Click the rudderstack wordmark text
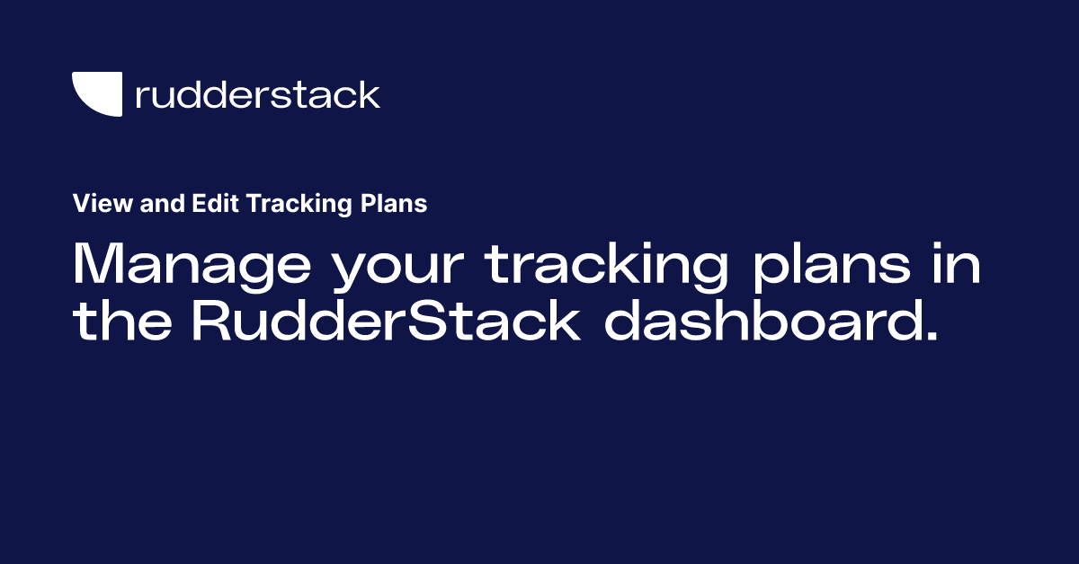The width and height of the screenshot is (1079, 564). [x=257, y=94]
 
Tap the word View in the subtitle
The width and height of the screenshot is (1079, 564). [x=94, y=204]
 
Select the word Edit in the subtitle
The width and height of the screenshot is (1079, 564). [x=214, y=204]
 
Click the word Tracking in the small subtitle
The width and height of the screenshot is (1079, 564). [x=299, y=205]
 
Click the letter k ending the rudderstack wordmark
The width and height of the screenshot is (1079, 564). [x=369, y=93]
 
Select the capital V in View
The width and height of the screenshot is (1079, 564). [x=80, y=204]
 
